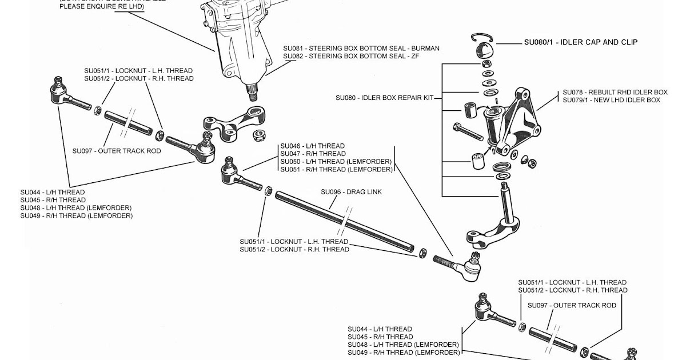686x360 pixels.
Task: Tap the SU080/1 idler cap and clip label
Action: pos(581,42)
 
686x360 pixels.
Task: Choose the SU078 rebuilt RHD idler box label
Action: pos(615,93)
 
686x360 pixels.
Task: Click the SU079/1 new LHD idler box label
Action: pos(611,101)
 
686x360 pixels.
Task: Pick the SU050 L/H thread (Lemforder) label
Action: pos(336,162)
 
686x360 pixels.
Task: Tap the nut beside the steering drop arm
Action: pos(258,135)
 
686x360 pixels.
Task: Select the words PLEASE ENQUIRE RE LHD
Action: pos(102,6)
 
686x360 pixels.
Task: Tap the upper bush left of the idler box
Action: pos(472,109)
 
